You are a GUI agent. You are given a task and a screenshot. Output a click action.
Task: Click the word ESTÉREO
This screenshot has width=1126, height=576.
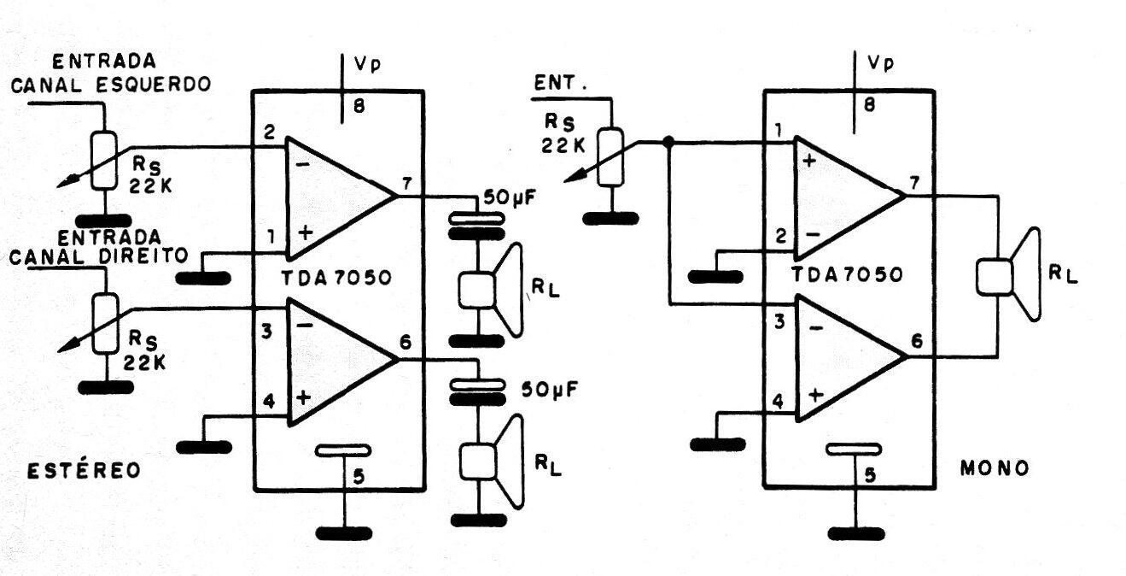pyautogui.click(x=82, y=471)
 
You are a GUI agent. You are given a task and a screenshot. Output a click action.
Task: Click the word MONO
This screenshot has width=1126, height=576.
pyautogui.click(x=994, y=468)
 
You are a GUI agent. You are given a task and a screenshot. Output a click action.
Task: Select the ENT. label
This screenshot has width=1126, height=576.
pyautogui.click(x=558, y=84)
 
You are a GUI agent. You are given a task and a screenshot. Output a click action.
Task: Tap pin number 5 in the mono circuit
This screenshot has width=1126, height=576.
pyautogui.click(x=870, y=476)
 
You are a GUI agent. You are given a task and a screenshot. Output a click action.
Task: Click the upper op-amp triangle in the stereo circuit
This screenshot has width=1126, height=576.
pyautogui.click(x=337, y=197)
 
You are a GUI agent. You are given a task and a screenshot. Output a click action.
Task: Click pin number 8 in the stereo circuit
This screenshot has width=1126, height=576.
pyautogui.click(x=358, y=108)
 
